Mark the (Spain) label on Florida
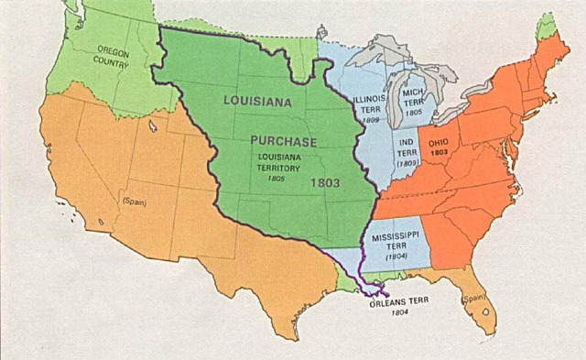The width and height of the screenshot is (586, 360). pyautogui.click(x=473, y=299)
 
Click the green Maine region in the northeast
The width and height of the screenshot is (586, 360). pyautogui.click(x=547, y=27)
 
